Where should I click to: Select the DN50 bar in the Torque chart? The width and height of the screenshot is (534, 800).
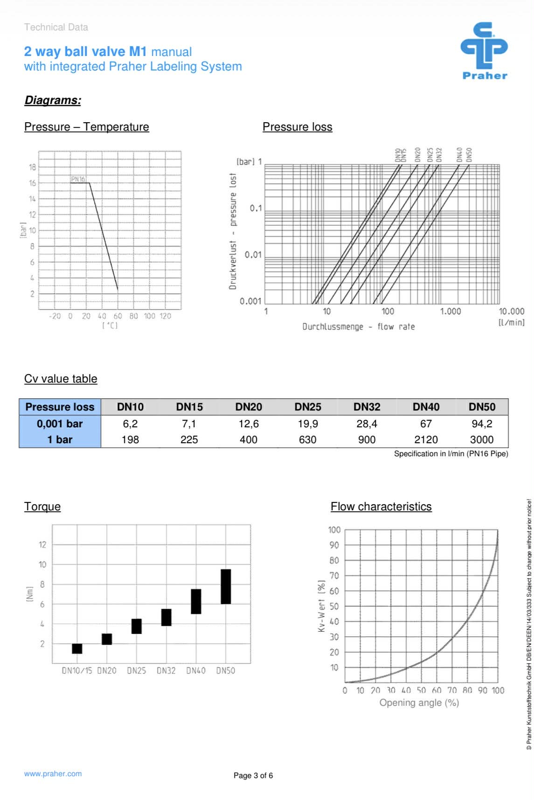point(226,586)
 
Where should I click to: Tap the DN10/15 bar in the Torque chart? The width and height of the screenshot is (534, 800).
point(77,648)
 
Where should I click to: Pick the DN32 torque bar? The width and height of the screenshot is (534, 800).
point(166,617)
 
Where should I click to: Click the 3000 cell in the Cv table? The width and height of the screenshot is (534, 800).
point(481,439)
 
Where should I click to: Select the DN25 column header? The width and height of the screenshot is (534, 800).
point(307,407)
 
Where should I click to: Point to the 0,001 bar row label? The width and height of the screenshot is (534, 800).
point(60,424)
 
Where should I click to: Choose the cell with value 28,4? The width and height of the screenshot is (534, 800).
point(367,424)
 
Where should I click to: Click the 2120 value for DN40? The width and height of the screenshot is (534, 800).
point(426,439)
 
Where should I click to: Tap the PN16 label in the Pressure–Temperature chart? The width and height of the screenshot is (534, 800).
point(78,179)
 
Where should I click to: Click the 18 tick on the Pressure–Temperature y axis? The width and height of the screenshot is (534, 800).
point(32,167)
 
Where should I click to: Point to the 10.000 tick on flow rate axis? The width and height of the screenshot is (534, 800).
point(511,311)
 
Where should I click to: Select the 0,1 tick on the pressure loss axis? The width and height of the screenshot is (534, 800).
point(256,209)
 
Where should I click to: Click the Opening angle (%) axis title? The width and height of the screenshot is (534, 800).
point(419,703)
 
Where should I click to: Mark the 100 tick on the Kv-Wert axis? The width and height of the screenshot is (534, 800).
point(334,530)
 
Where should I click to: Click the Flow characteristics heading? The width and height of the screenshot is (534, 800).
point(381,507)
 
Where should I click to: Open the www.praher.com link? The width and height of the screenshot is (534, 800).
point(53,773)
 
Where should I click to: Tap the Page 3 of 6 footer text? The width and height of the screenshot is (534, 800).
point(253,775)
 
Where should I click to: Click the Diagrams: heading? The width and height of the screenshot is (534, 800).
point(53,100)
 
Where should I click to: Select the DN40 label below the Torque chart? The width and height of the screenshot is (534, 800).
point(196,670)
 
